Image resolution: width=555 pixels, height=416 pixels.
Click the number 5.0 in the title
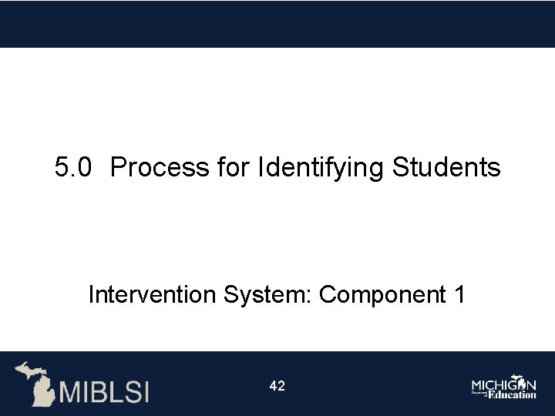pos(74,167)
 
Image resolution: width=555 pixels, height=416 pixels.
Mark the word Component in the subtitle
pos(379,295)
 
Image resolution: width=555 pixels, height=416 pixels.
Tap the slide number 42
pos(277,386)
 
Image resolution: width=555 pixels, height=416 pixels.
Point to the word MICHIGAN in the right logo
pos(504,384)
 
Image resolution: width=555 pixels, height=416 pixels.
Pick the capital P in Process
pos(118,167)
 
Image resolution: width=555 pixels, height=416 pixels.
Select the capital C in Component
pos(327,294)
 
